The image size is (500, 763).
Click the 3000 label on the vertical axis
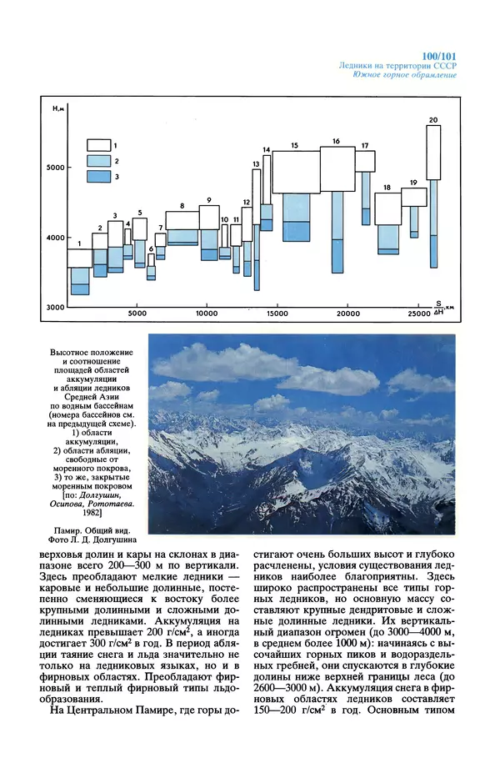point(55,308)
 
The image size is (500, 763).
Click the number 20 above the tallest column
point(433,120)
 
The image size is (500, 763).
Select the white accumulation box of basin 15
point(296,172)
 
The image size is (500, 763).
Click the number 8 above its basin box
point(182,205)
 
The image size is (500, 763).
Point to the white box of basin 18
point(387,208)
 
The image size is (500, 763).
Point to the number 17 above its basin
point(365,146)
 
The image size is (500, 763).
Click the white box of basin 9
point(209,218)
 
